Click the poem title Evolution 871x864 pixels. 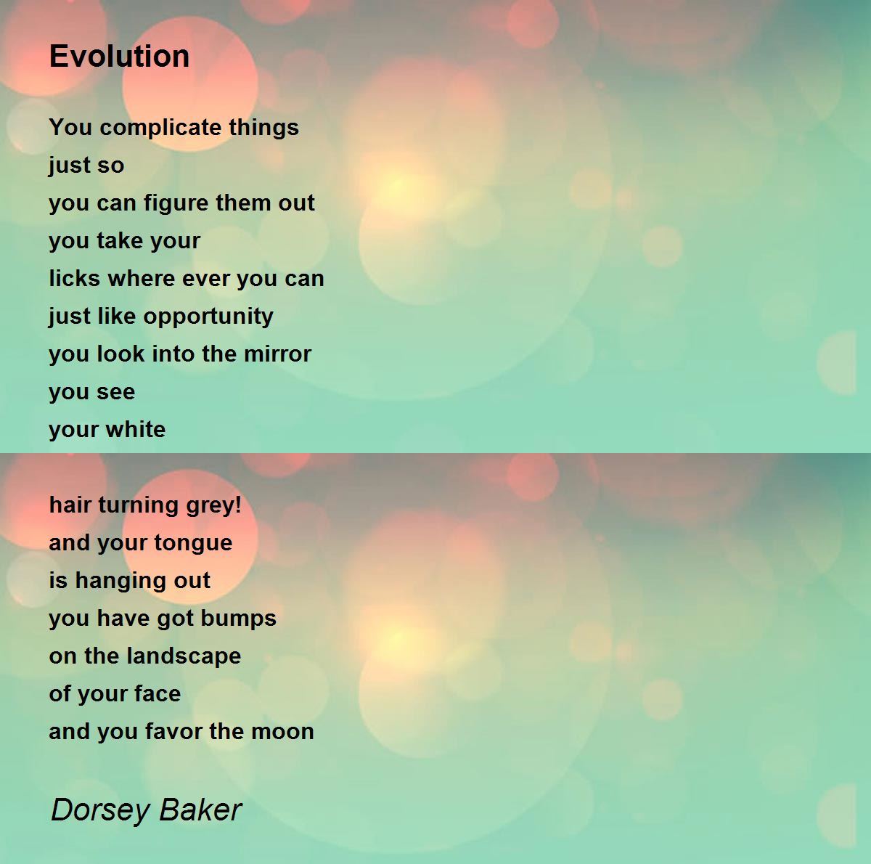(119, 56)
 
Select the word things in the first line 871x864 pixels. (263, 128)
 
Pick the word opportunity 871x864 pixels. (208, 317)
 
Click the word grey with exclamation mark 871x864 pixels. (213, 505)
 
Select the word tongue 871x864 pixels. (198, 543)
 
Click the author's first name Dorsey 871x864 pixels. (99, 810)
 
